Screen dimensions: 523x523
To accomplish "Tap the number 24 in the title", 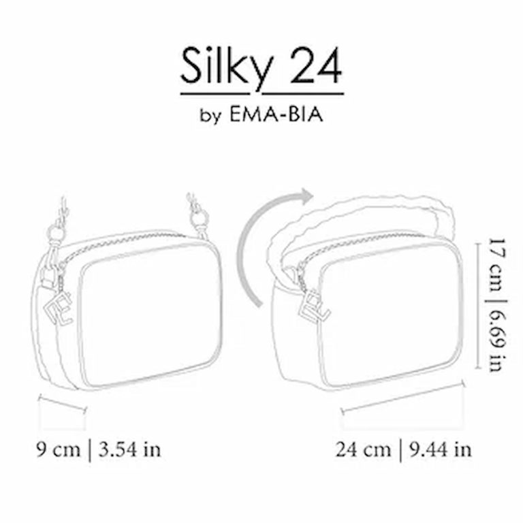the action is pyautogui.click(x=316, y=66).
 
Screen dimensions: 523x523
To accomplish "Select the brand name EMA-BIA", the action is pyautogui.click(x=276, y=114).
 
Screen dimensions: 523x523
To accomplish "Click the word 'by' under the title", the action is pyautogui.click(x=210, y=116).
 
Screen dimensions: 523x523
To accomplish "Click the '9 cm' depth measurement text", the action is pyautogui.click(x=59, y=449).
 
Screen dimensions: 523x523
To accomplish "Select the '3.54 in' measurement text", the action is pyautogui.click(x=129, y=449).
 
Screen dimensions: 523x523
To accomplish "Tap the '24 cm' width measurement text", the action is pyautogui.click(x=363, y=449).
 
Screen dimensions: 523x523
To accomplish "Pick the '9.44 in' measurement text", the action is pyautogui.click(x=441, y=449).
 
